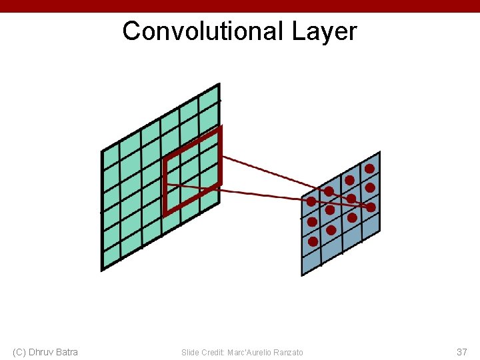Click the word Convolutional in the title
click(203, 31)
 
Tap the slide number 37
click(461, 351)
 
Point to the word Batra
click(67, 351)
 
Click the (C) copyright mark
click(20, 351)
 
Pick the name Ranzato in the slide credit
click(288, 352)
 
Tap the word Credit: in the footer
click(213, 352)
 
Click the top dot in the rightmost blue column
click(369, 169)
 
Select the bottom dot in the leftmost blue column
click(312, 242)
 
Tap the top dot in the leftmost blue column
click(311, 201)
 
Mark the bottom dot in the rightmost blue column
click(371, 207)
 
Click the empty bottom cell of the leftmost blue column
click(311, 261)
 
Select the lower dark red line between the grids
click(267, 194)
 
